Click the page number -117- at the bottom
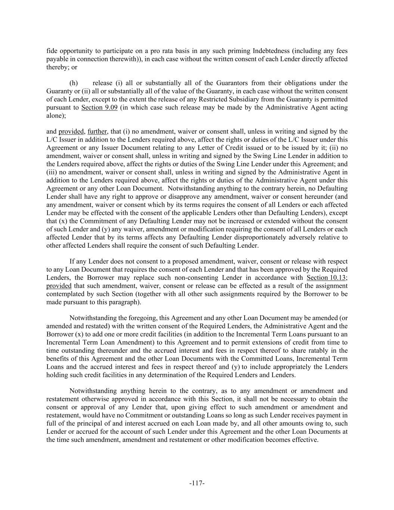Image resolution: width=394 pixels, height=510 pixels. pos(197,483)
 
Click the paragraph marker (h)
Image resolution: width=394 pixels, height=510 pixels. pos(74,83)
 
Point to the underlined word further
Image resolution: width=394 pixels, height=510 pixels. pos(97,132)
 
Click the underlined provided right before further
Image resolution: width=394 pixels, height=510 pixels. pos(71,132)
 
